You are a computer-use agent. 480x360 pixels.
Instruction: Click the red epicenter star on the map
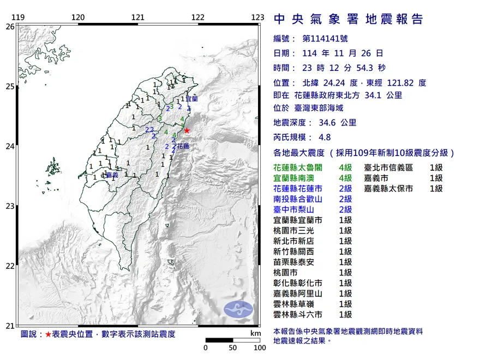187,130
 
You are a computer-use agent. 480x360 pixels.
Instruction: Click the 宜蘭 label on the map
191,99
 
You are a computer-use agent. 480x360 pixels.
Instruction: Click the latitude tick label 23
10,206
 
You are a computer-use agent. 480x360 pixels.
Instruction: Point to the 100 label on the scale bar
260,347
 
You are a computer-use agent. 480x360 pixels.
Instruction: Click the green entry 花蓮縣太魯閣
298,167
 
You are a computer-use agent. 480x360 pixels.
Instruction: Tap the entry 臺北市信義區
389,167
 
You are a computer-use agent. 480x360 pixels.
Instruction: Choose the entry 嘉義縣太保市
389,188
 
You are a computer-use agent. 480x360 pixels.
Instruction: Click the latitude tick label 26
10,26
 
